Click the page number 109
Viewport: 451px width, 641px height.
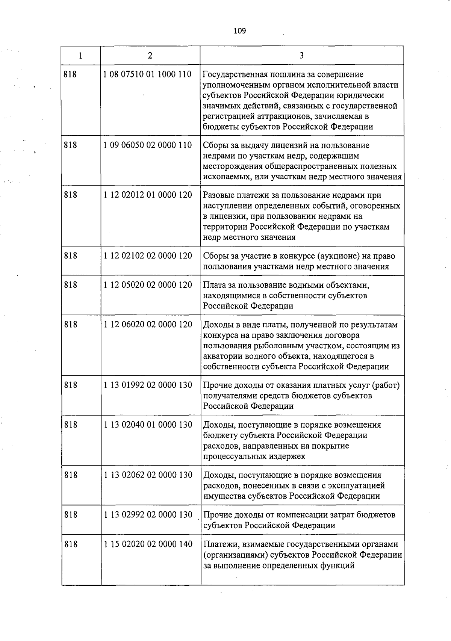pos(239,31)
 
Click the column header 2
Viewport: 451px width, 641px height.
pos(150,56)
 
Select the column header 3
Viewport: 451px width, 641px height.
pos(301,56)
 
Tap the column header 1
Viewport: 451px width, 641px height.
pos(81,56)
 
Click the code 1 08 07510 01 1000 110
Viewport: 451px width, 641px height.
pos(148,74)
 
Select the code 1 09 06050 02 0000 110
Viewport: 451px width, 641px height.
pos(148,145)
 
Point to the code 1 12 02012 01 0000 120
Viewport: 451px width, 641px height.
pos(148,195)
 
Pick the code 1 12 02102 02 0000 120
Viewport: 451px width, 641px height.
pos(148,255)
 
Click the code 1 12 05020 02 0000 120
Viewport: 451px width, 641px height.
pos(148,285)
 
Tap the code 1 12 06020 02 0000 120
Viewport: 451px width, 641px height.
pos(148,324)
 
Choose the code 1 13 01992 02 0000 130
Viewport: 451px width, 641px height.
pos(148,385)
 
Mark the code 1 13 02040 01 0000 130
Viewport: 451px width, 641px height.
pos(148,425)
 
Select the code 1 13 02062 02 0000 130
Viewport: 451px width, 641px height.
pos(148,475)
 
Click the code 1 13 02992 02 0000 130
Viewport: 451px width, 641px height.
pos(148,515)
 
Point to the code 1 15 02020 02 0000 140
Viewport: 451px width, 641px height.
pos(148,544)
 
